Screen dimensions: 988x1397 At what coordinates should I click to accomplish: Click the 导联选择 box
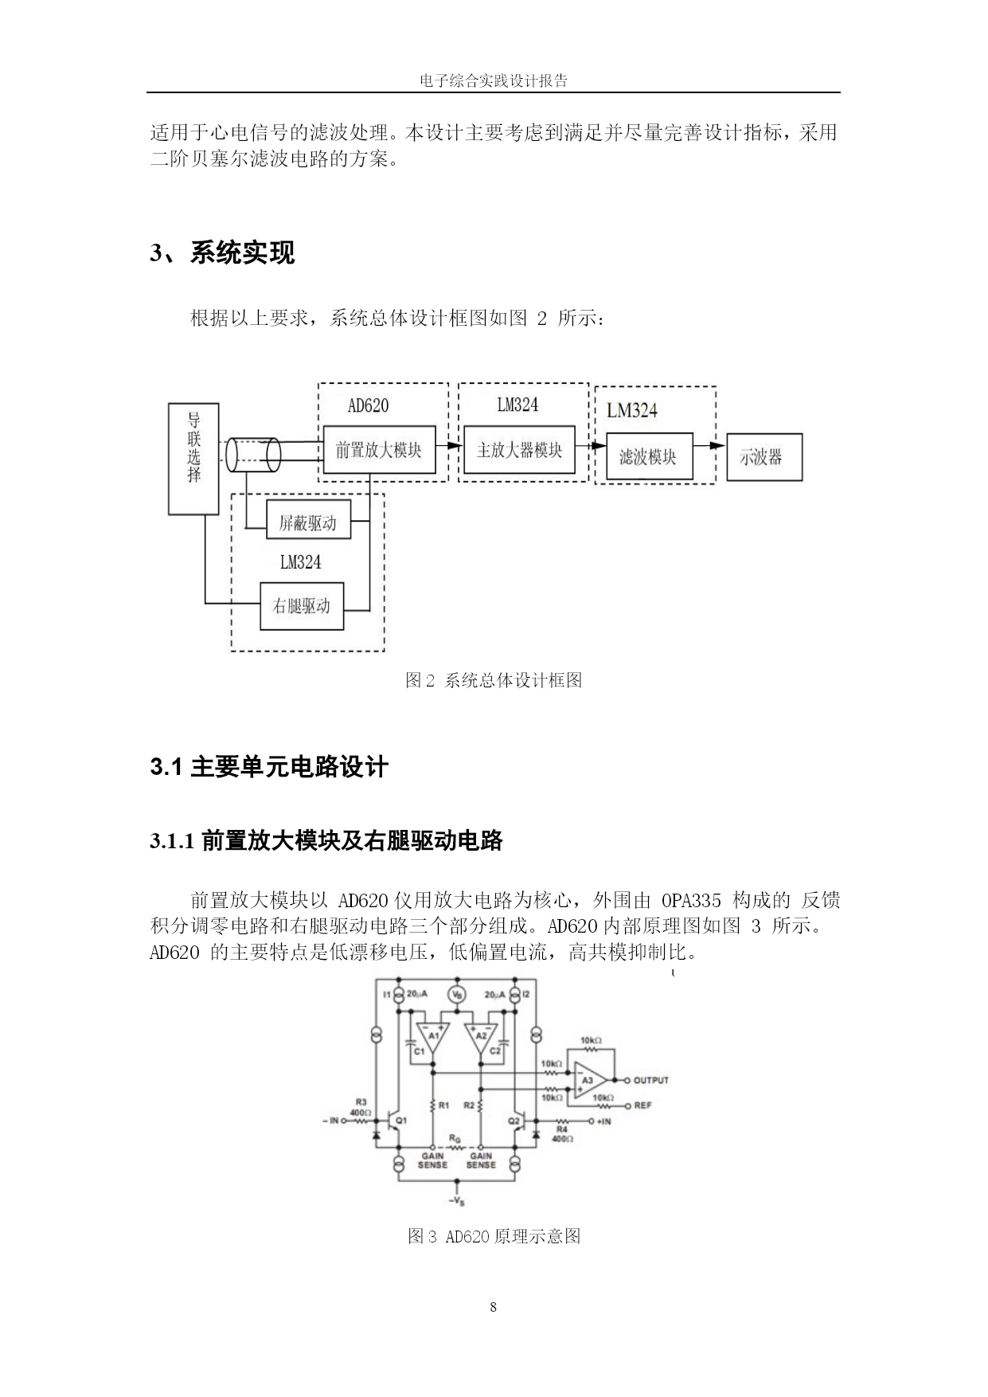pyautogui.click(x=193, y=458)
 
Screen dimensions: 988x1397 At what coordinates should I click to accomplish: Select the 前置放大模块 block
pyautogui.click(x=378, y=450)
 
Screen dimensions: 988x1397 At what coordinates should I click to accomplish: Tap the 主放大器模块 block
pyautogui.click(x=519, y=450)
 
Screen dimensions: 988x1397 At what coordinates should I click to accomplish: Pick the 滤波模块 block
pyautogui.click(x=649, y=457)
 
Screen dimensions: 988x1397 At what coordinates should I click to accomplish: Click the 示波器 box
pyautogui.click(x=764, y=457)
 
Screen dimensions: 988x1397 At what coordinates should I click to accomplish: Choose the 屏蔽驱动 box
pyautogui.click(x=307, y=523)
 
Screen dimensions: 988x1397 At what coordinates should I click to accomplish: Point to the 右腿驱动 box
pyautogui.click(x=303, y=606)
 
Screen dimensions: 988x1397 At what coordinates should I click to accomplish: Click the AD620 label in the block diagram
pyautogui.click(x=369, y=405)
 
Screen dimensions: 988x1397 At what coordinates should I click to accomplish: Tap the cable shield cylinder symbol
pyautogui.click(x=253, y=455)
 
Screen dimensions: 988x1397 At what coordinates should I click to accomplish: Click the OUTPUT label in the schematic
pyautogui.click(x=651, y=1080)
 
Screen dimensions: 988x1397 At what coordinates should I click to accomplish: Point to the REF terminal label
pyautogui.click(x=642, y=1105)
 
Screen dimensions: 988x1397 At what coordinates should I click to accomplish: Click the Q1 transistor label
pyautogui.click(x=401, y=1120)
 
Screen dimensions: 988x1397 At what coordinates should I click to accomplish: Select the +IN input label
pyautogui.click(x=603, y=1121)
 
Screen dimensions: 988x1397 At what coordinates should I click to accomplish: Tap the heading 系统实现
pyautogui.click(x=243, y=252)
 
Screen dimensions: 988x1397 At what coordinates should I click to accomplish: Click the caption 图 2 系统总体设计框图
pyautogui.click(x=494, y=680)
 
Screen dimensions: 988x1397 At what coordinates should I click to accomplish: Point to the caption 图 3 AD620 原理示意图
pyautogui.click(x=494, y=1236)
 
